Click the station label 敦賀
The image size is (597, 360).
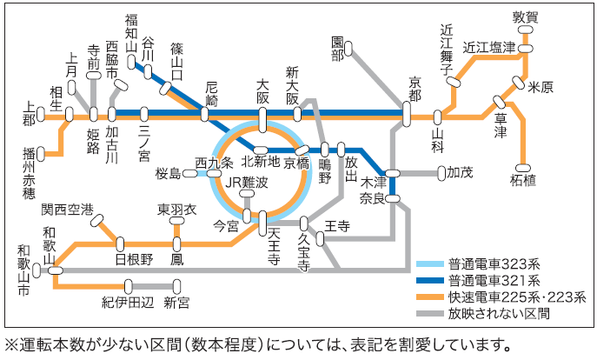coord(526,17)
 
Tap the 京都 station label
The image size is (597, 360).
coord(415,85)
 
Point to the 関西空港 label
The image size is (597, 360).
coord(66,210)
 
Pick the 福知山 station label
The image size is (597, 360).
coord(131,34)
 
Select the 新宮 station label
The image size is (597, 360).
coord(176,302)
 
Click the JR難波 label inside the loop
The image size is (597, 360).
coord(246,182)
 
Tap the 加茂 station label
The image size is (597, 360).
coord(460,172)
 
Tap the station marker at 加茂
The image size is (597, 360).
coord(441,172)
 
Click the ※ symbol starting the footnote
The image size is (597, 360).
coord(11,343)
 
